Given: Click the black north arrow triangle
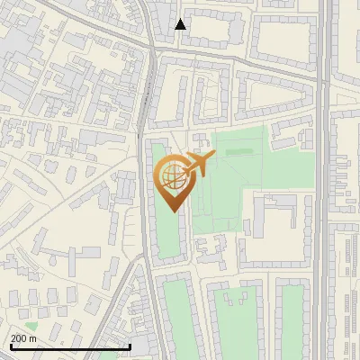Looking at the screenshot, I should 181,23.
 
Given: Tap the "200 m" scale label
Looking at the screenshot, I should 23,338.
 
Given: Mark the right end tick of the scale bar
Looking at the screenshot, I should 130,346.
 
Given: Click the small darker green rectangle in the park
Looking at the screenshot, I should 238,152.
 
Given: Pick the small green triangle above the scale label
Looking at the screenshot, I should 31,326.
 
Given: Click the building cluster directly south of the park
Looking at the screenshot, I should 212,248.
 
